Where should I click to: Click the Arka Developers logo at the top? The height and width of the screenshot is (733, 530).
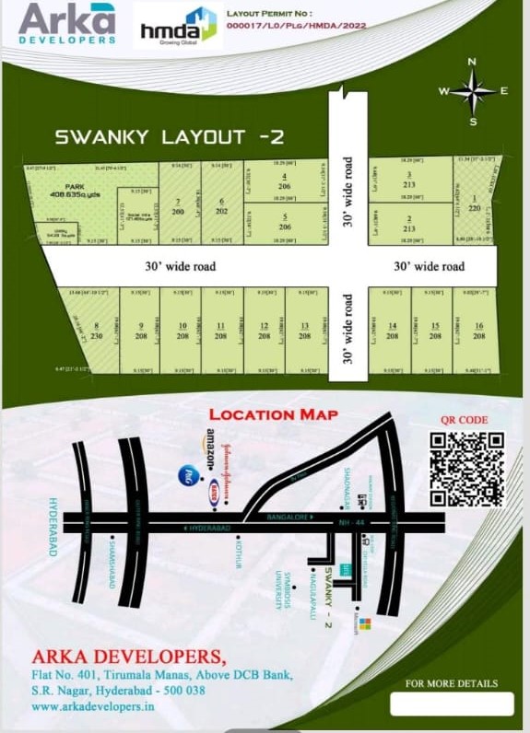[x=67, y=23]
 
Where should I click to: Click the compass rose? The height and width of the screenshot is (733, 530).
[x=472, y=90]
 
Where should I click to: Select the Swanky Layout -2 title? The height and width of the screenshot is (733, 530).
[x=170, y=138]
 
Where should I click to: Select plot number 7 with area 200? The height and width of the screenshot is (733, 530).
[x=178, y=205]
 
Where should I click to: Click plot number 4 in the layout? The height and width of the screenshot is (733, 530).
[x=284, y=180]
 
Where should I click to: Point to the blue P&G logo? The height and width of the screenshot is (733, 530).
[x=185, y=474]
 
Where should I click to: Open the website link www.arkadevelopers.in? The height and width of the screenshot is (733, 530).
[x=91, y=706]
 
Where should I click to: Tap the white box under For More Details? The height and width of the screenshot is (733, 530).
[x=451, y=704]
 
